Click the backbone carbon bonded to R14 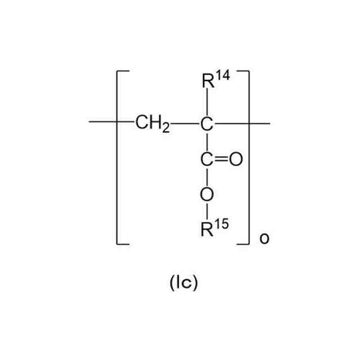207,123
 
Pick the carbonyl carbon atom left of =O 207,159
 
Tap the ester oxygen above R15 207,195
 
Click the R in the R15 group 207,231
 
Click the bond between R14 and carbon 207,104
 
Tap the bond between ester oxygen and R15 207,213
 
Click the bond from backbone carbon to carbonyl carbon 207,141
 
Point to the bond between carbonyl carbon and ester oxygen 207,177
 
